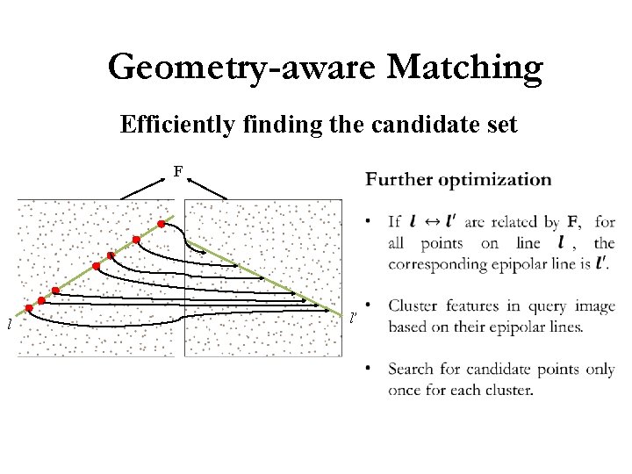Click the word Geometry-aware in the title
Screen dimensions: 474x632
pyautogui.click(x=241, y=67)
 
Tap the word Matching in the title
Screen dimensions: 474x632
pyautogui.click(x=463, y=67)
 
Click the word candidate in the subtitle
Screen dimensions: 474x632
pyautogui.click(x=420, y=126)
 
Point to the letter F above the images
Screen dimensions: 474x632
pyautogui.click(x=178, y=171)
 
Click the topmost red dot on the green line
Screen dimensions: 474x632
pyautogui.click(x=162, y=224)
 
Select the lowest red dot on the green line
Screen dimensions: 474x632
pyautogui.click(x=29, y=308)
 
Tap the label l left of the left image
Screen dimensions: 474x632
pyautogui.click(x=9, y=325)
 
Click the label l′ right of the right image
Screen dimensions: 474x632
pyautogui.click(x=353, y=317)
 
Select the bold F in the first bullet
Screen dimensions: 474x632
pyautogui.click(x=572, y=222)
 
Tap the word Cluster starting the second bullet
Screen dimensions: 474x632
pyautogui.click(x=414, y=306)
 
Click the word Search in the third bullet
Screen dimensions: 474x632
pyautogui.click(x=411, y=370)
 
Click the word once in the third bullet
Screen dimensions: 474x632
pyautogui.click(x=405, y=390)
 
